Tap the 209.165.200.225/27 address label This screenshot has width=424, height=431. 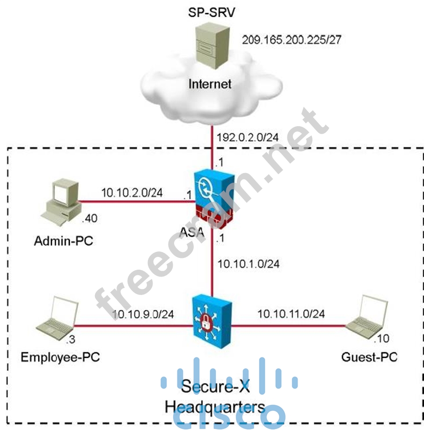coord(291,39)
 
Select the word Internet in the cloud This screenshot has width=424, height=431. coord(210,84)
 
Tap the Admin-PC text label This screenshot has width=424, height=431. coord(64,242)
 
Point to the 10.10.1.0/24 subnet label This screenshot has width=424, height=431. coord(249,264)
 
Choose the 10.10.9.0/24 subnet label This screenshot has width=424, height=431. coord(143,314)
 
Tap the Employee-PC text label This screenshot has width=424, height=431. coord(60,358)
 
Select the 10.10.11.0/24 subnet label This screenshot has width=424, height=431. coord(291,313)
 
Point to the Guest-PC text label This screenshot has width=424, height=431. coord(369,357)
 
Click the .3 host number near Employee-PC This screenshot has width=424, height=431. coord(71,338)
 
